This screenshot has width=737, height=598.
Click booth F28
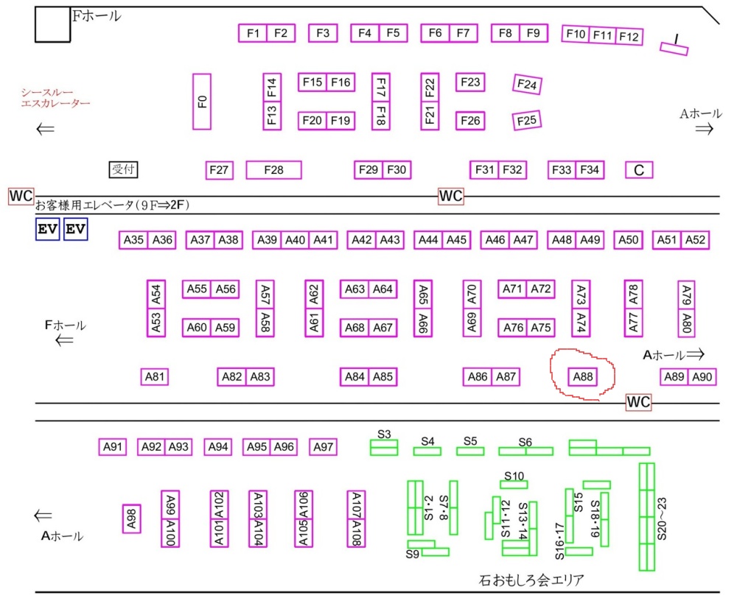click(x=273, y=170)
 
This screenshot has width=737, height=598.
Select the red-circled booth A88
click(x=583, y=377)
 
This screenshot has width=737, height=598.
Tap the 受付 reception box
click(x=123, y=169)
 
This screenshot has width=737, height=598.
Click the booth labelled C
click(x=639, y=170)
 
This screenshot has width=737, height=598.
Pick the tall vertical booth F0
click(x=202, y=102)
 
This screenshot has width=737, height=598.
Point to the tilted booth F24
click(x=527, y=85)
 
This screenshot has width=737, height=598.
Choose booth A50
click(x=629, y=240)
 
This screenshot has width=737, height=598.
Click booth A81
click(x=155, y=377)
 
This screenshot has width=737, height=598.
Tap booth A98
click(x=132, y=518)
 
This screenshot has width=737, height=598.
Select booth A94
click(x=218, y=447)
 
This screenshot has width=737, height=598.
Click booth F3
click(x=323, y=33)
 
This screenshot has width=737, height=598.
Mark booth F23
click(x=470, y=82)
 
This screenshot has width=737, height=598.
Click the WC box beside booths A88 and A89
click(x=638, y=402)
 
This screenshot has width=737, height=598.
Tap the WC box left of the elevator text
click(x=21, y=196)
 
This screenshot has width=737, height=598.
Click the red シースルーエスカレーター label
click(x=55, y=98)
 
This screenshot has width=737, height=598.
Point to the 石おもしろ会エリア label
click(x=531, y=580)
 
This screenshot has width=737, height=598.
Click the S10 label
click(x=514, y=476)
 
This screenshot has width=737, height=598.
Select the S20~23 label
click(x=662, y=518)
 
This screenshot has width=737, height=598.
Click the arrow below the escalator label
click(x=46, y=129)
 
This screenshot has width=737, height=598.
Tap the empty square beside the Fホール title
click(x=52, y=24)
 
